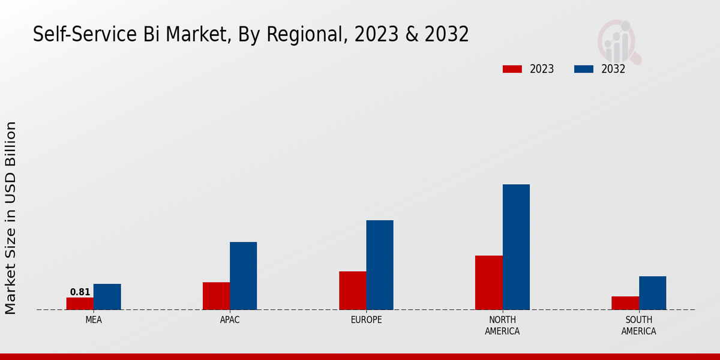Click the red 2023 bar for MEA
coord(80,304)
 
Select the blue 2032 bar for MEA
coord(107,297)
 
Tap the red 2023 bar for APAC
coord(216,296)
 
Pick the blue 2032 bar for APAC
coord(243,276)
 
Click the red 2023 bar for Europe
coord(353,290)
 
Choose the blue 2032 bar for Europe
coord(380,265)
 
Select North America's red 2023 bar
coord(489,283)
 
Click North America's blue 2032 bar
coord(516,247)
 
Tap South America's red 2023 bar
coord(625,303)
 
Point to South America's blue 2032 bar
coord(652,293)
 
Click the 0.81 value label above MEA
coord(80,292)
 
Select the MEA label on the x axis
coord(94,320)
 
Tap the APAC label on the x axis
coord(230,320)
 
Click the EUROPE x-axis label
coord(366,320)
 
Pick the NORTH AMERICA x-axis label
coord(503,325)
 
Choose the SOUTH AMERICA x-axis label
coord(638,325)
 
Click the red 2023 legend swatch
coord(512,69)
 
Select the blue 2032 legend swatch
coord(584,69)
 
